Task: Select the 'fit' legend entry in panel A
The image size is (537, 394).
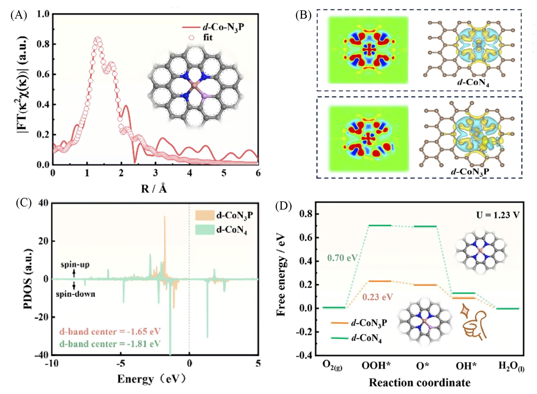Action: [208, 37]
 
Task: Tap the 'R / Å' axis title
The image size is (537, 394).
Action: [154, 188]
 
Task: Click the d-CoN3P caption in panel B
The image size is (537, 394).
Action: [470, 172]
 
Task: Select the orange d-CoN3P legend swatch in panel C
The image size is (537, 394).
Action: [205, 215]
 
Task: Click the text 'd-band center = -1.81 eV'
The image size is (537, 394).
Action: [110, 344]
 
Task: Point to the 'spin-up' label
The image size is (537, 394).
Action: [75, 265]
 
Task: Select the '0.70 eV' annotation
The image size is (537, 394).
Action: [342, 257]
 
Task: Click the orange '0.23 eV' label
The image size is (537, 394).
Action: [378, 297]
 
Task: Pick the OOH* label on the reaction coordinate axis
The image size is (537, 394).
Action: [376, 366]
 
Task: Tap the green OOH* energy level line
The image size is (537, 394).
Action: [380, 225]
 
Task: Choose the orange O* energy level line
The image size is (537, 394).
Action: [426, 285]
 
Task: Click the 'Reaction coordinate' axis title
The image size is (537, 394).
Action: [420, 383]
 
